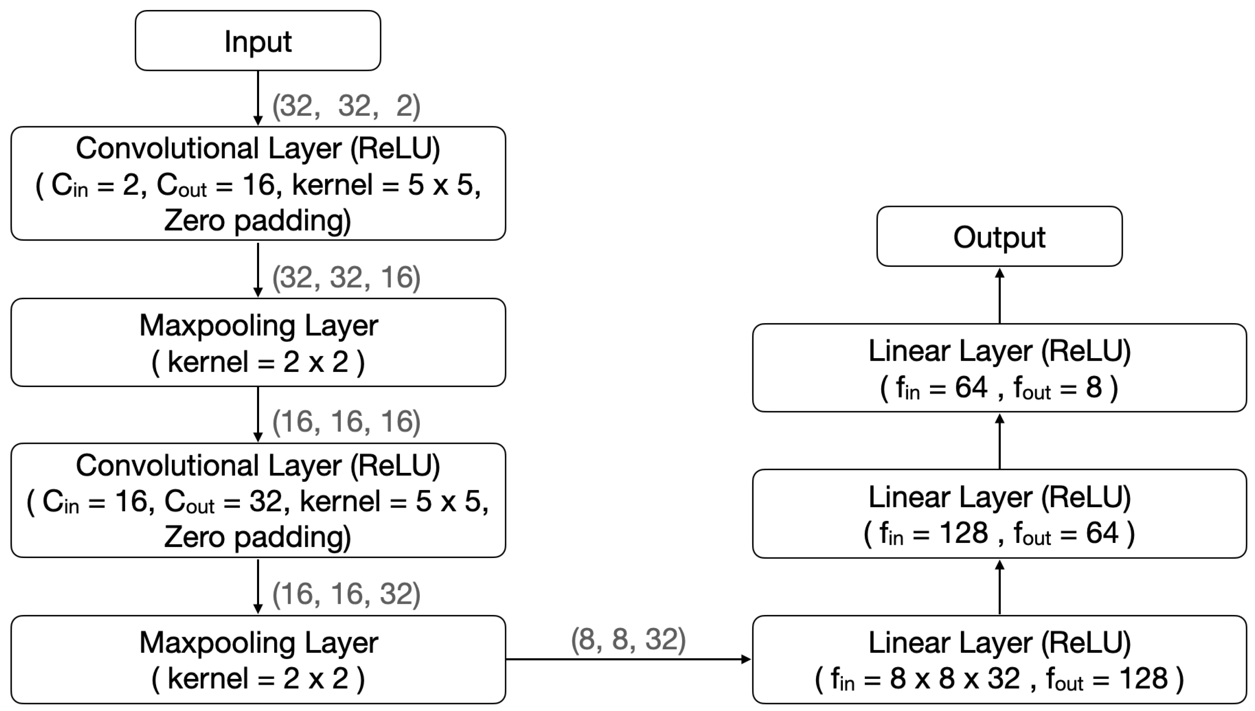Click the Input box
pos(257,41)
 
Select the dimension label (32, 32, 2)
pos(346,106)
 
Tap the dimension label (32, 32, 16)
pos(346,277)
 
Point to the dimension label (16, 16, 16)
pos(346,422)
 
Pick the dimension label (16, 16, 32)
pos(346,594)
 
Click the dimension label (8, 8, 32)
pos(628,639)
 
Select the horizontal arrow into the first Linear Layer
pos(628,659)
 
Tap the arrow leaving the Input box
pos(258,98)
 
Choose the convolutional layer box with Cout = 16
pos(258,183)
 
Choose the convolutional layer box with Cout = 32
pos(258,500)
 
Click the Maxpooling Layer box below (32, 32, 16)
pos(258,343)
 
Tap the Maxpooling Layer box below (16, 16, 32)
pos(258,660)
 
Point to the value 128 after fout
pos(1143,678)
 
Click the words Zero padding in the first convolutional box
pos(257,221)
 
